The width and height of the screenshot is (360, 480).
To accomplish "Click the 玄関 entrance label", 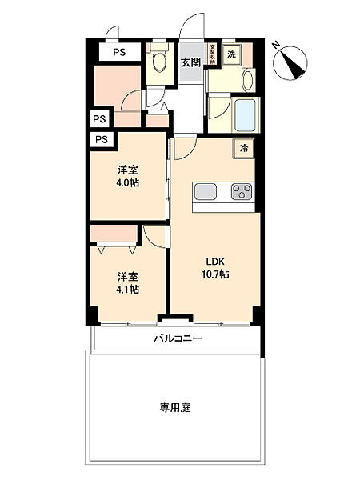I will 190,62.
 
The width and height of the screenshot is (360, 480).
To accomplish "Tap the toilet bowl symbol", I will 159,60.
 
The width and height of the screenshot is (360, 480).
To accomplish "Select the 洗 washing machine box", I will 231,54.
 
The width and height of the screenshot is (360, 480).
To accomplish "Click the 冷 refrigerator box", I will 243,148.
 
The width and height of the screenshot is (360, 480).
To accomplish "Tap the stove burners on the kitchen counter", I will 242,191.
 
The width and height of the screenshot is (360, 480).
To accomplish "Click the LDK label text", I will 215,262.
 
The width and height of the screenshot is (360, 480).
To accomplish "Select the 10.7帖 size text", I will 215,274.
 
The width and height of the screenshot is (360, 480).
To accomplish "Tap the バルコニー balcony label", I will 178,338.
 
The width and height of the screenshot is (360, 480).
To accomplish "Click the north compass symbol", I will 293,64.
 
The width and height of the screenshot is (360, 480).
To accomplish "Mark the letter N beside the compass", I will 276,45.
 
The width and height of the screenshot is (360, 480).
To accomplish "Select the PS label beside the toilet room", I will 118,53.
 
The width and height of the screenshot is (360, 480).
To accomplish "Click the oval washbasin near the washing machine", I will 247,79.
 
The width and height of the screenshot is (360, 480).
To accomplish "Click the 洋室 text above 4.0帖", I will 126,170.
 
